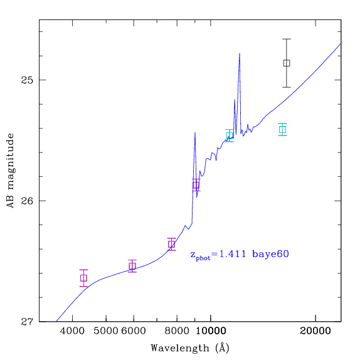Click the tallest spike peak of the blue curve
240,53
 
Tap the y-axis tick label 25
28,80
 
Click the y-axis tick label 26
28,201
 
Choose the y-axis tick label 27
28,322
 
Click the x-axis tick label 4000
72,331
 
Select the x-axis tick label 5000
106,331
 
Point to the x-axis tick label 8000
177,331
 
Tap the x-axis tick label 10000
211,331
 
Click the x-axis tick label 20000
315,331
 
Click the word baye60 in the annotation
270,254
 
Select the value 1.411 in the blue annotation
233,254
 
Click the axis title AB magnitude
10,171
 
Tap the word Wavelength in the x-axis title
180,348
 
